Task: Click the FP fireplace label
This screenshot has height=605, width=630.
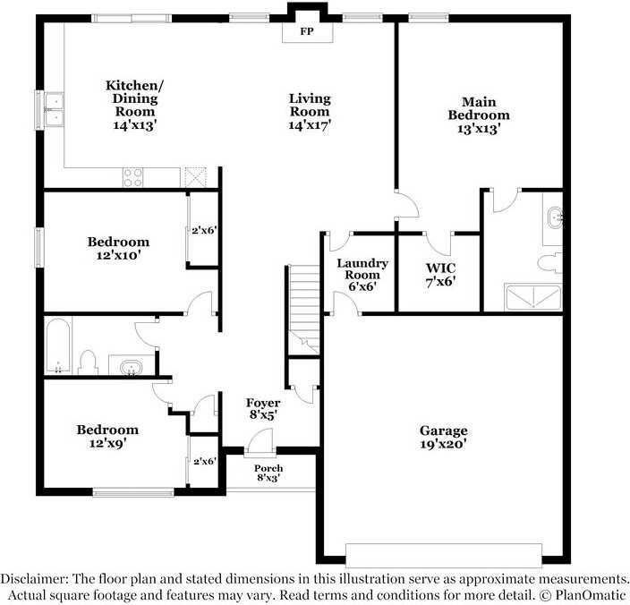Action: click(307, 31)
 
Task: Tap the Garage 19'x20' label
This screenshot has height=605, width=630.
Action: click(444, 437)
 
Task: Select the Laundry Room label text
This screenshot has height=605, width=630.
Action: click(362, 269)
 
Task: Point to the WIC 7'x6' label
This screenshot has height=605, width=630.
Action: click(441, 275)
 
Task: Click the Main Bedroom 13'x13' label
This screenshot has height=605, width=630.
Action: click(479, 115)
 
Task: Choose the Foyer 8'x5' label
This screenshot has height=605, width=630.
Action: click(263, 409)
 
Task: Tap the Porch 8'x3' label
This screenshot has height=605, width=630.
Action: click(268, 473)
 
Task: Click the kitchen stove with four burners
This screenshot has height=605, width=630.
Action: click(133, 177)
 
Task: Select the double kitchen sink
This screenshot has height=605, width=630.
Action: click(54, 110)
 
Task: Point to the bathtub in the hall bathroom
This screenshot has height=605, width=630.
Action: click(58, 345)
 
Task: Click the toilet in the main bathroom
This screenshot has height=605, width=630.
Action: click(550, 263)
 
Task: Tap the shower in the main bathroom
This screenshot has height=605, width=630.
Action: click(532, 297)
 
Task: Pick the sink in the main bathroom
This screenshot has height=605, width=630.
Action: click(555, 218)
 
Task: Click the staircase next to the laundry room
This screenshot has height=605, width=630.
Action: click(304, 310)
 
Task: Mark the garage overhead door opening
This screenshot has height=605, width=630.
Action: click(444, 556)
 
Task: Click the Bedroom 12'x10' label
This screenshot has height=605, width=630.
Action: click(118, 248)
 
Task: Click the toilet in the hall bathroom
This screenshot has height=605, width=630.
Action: click(88, 362)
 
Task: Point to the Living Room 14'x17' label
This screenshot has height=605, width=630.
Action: click(310, 112)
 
